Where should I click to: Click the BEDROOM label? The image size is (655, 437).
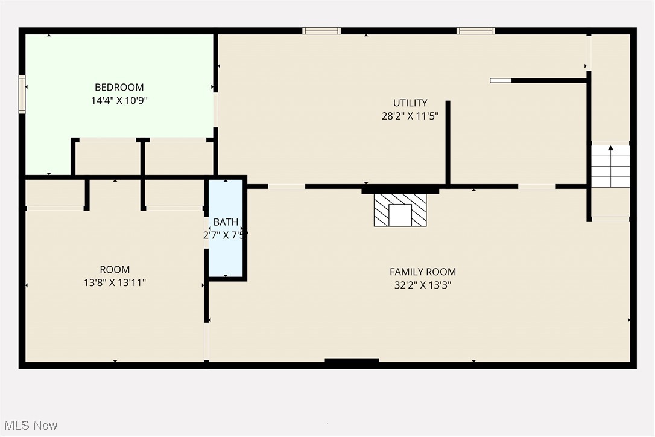(x=119, y=87)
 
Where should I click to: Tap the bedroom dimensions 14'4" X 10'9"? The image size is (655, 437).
(x=119, y=100)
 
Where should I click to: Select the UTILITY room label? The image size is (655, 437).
(x=410, y=103)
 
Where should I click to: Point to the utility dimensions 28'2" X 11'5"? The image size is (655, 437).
(x=410, y=116)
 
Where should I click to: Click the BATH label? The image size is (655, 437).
(x=226, y=222)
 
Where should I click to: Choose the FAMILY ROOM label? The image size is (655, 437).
(x=423, y=272)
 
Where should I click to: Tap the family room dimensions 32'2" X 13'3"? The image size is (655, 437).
(x=423, y=285)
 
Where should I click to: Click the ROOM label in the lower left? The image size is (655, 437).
(x=115, y=269)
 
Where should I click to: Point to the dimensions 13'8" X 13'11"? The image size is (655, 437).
(x=115, y=282)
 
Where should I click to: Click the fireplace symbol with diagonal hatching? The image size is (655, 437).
(x=400, y=210)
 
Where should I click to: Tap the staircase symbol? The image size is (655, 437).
(x=610, y=167)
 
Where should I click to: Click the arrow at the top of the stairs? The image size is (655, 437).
(x=610, y=148)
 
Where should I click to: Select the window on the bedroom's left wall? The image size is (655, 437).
(x=22, y=95)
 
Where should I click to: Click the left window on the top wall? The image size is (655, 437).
(x=321, y=31)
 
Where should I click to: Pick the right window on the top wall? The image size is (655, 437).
(x=475, y=31)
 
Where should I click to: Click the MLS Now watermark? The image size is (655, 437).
(x=31, y=426)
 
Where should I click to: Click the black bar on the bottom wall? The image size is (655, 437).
(x=352, y=360)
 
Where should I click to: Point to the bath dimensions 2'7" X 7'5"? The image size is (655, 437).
(x=226, y=235)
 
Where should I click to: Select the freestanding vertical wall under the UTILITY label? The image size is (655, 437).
(x=448, y=142)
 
